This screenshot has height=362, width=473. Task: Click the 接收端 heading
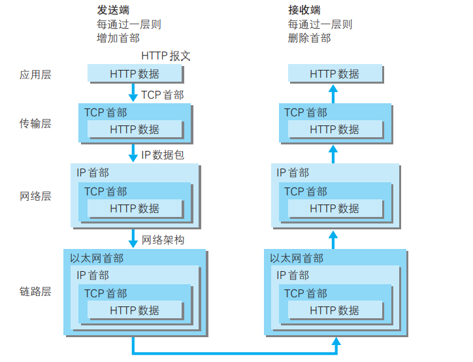[304, 10]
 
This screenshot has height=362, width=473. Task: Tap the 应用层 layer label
[35, 74]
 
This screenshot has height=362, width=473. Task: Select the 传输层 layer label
[35, 123]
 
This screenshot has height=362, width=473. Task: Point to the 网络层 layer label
[35, 196]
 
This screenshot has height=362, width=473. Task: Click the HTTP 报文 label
[166, 56]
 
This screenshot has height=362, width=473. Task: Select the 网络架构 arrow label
[163, 240]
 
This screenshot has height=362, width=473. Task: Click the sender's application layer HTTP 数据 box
[135, 74]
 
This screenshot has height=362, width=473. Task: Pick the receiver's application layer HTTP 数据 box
[334, 74]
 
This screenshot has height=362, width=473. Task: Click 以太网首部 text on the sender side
[97, 258]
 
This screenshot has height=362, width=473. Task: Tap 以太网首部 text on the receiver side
[297, 258]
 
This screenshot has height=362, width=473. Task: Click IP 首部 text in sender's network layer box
[93, 173]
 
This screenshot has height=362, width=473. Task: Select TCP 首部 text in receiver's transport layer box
[305, 112]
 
